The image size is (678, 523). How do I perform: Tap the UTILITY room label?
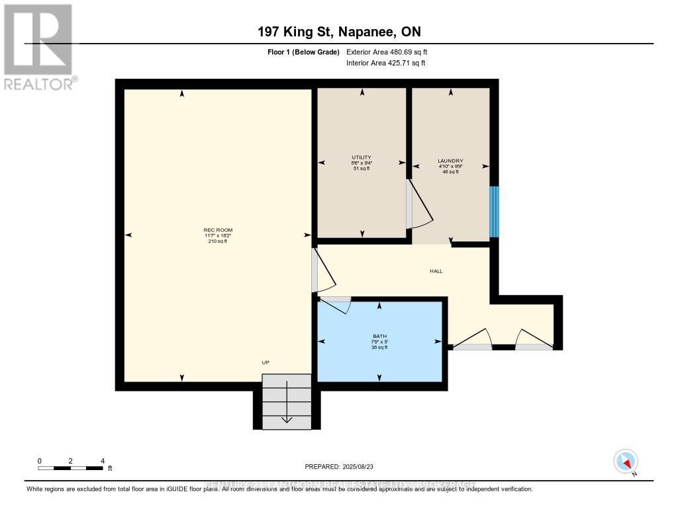(x=362, y=157)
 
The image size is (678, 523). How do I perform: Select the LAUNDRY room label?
(x=450, y=161)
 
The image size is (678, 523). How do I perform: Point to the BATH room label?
(x=379, y=336)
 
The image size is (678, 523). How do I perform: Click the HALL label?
(x=436, y=271)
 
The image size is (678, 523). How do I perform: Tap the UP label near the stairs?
(x=266, y=362)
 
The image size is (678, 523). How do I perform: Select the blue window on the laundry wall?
(x=493, y=212)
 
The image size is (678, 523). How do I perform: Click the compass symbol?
(x=626, y=461)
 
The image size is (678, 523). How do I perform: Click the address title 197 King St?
(x=339, y=32)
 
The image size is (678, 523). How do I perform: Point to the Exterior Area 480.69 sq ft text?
(x=391, y=52)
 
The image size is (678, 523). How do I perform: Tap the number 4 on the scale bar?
(x=102, y=460)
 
